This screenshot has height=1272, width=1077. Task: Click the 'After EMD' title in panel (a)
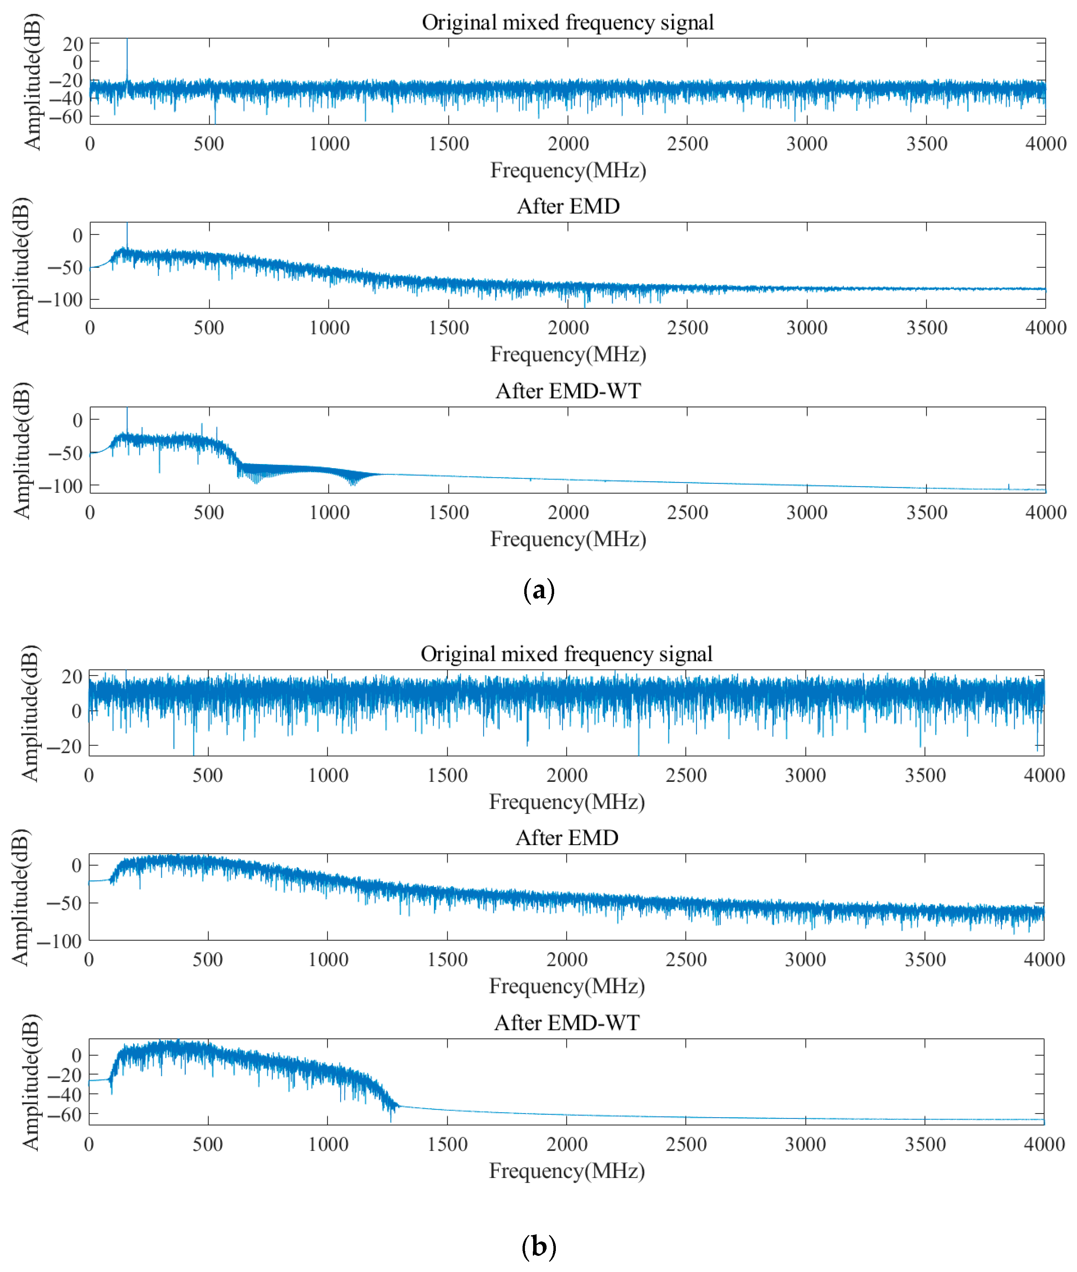[x=568, y=206]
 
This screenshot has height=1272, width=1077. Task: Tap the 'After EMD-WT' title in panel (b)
[x=566, y=1022]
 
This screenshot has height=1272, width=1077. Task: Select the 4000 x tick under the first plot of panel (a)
[x=1045, y=144]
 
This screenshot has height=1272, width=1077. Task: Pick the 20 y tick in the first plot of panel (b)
[x=72, y=677]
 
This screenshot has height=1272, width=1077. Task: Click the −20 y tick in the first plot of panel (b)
[x=65, y=746]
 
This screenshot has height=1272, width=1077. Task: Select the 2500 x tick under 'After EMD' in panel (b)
[x=686, y=960]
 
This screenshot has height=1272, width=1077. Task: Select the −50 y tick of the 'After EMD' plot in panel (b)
[x=65, y=903]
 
